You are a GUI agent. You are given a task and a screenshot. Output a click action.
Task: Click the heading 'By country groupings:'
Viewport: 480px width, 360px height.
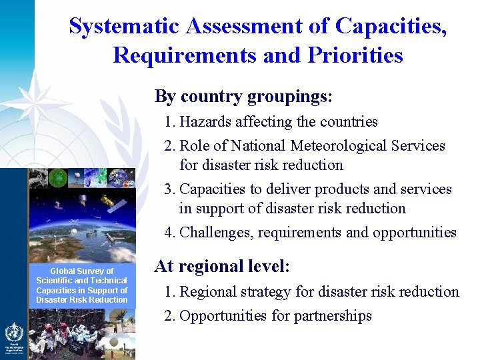pos(243,97)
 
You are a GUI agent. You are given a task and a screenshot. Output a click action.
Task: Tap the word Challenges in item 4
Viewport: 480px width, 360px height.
pos(215,233)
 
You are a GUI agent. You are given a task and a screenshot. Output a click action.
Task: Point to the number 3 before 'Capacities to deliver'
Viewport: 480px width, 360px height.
pos(169,189)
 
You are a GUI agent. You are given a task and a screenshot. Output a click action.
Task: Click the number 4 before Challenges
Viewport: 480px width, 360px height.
pos(169,233)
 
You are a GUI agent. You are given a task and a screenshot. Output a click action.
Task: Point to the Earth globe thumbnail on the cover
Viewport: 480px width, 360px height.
pos(121,177)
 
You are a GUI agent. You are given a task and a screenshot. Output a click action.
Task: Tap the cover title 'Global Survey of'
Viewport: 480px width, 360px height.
pos(82,271)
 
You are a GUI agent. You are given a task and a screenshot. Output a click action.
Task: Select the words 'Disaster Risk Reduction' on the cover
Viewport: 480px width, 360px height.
pos(82,300)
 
